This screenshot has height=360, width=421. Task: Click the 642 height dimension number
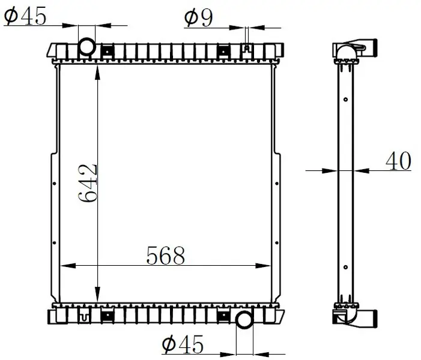pos(88,183)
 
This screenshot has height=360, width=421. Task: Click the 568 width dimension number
pos(166,255)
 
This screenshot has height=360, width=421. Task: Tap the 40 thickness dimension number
pos(398,161)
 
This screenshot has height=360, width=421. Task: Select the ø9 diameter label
pos(198,18)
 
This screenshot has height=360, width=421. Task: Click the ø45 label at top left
pos(25,16)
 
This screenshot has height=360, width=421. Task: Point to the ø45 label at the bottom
pos(183,344)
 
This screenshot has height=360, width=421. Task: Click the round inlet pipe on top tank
pos(86,46)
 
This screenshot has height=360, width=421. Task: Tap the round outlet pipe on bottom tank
pos(244,319)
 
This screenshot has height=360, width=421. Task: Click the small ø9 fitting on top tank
pos(247,48)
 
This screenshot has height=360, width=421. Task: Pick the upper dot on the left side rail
pos(55,184)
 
